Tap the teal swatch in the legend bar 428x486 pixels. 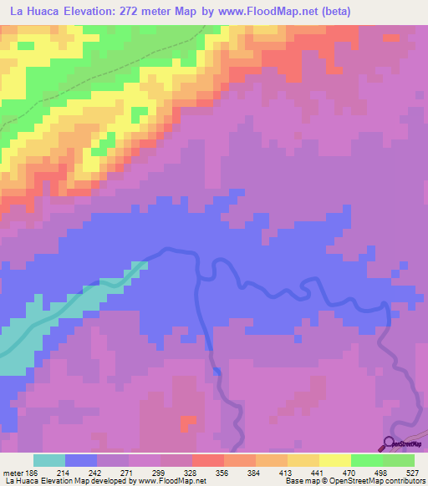[x=49, y=460]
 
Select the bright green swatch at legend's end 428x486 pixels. [x=399, y=460]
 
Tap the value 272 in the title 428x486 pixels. [x=136, y=11]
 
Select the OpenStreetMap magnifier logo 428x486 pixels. [x=388, y=443]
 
